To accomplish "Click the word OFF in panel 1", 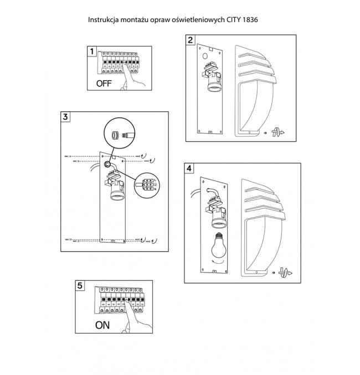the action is click(104, 83).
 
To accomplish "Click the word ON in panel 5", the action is click(102, 325).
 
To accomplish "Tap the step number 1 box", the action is click(92, 51).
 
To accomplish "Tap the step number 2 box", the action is click(191, 40).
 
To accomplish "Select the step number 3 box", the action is click(65, 117).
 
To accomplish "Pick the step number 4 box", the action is click(189, 168).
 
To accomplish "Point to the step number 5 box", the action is click(80, 286).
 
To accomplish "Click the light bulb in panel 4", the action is click(219, 245).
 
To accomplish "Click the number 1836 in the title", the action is click(250, 19).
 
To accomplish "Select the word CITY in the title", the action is click(234, 19).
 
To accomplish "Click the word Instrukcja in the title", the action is click(104, 20).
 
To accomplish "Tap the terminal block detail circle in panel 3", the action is click(147, 186).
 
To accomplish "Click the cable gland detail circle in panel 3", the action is click(120, 133).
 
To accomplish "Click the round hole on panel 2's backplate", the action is click(205, 56).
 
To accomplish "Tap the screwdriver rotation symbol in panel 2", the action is click(277, 132).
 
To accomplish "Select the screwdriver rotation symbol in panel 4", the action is click(285, 273).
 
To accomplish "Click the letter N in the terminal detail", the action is click(155, 189).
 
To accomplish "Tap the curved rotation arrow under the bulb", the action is click(218, 262).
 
